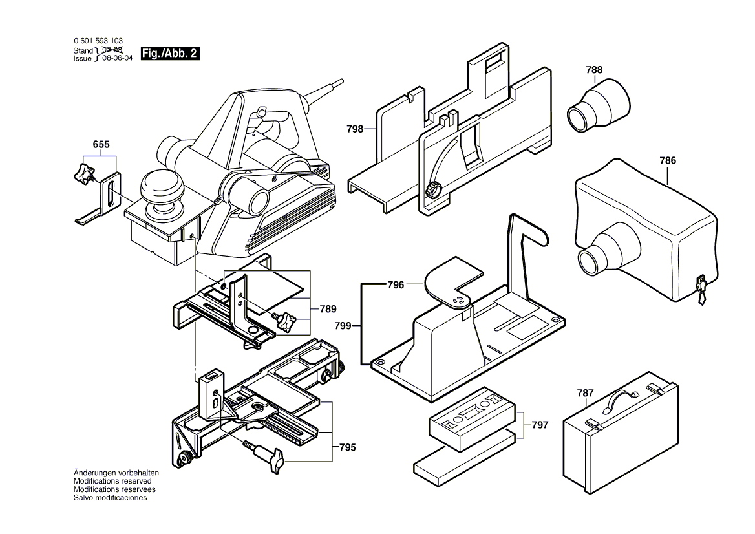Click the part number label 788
click(594, 70)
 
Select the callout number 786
click(668, 160)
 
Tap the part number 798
click(355, 129)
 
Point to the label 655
click(101, 144)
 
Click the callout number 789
click(328, 309)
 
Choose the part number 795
click(347, 447)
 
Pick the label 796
click(396, 284)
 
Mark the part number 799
click(343, 326)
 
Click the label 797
click(540, 425)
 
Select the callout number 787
click(585, 392)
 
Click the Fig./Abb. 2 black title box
click(169, 54)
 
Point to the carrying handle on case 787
click(622, 395)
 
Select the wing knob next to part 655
click(83, 173)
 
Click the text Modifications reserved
click(112, 481)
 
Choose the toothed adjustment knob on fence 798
click(433, 190)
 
